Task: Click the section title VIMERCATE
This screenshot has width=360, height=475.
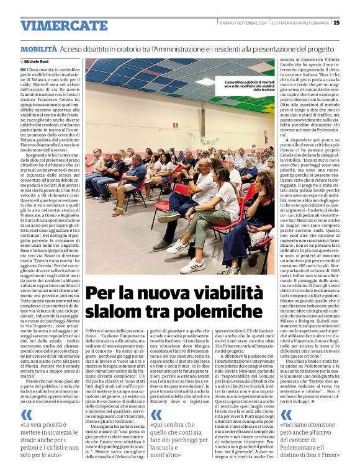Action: click(x=64, y=25)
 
